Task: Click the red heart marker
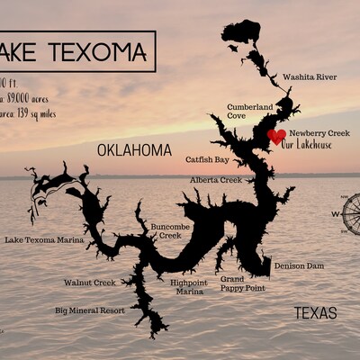[x=277, y=136]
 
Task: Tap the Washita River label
[x=310, y=77]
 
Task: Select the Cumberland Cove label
[x=249, y=111]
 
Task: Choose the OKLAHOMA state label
[x=133, y=149]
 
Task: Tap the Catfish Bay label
[x=208, y=160]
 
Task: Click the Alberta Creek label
[x=216, y=180]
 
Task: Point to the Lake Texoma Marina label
[x=44, y=240]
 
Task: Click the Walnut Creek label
[x=89, y=283]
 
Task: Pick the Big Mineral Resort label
[x=90, y=310]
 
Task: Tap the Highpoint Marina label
[x=188, y=287]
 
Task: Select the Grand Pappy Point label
[x=243, y=284]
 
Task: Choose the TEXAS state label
[x=316, y=313]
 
